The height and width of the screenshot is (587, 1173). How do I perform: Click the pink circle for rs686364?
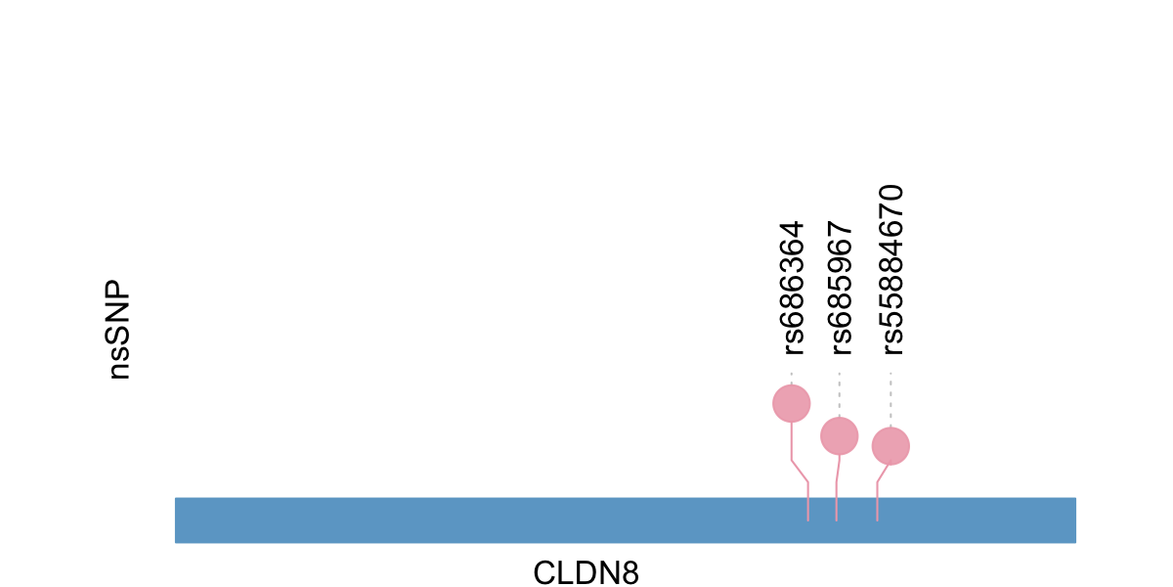tap(792, 403)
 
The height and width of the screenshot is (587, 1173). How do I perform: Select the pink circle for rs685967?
tap(839, 435)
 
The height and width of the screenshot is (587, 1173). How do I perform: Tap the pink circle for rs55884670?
tap(891, 446)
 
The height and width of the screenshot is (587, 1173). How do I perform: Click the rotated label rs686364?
tap(792, 286)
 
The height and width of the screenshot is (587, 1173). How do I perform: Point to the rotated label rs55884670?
tap(891, 269)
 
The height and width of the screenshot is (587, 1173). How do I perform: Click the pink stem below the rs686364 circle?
tap(792, 440)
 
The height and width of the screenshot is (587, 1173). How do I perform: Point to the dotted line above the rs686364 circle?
tap(792, 377)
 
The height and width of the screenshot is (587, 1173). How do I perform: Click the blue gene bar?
tap(489, 519)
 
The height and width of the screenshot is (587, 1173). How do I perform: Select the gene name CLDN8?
tap(586, 572)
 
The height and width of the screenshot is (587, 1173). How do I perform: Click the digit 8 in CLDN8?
tap(630, 572)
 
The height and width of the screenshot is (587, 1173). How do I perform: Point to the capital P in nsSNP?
tap(118, 295)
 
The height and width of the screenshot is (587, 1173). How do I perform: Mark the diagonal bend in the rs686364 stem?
tap(800, 471)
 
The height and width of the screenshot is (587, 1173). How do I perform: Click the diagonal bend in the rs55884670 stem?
tap(882, 474)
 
